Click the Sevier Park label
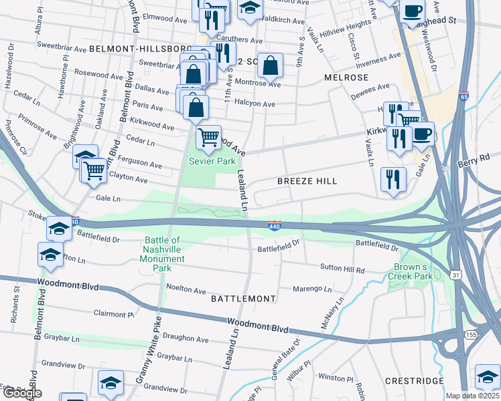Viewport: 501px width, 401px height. [x=212, y=161]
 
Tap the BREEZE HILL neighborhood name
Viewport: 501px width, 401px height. [x=308, y=181]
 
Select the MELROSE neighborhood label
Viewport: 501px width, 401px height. [x=346, y=78]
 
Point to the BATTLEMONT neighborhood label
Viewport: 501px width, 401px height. [x=243, y=299]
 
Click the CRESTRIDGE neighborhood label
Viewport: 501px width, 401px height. [x=415, y=380]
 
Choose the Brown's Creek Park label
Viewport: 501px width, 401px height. [x=413, y=271]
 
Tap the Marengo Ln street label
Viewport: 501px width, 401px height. [x=313, y=289]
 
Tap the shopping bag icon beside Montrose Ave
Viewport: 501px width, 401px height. [x=270, y=66]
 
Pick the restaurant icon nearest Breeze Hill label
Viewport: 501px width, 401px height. [x=393, y=179]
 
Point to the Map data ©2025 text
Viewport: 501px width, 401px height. [x=473, y=396]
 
